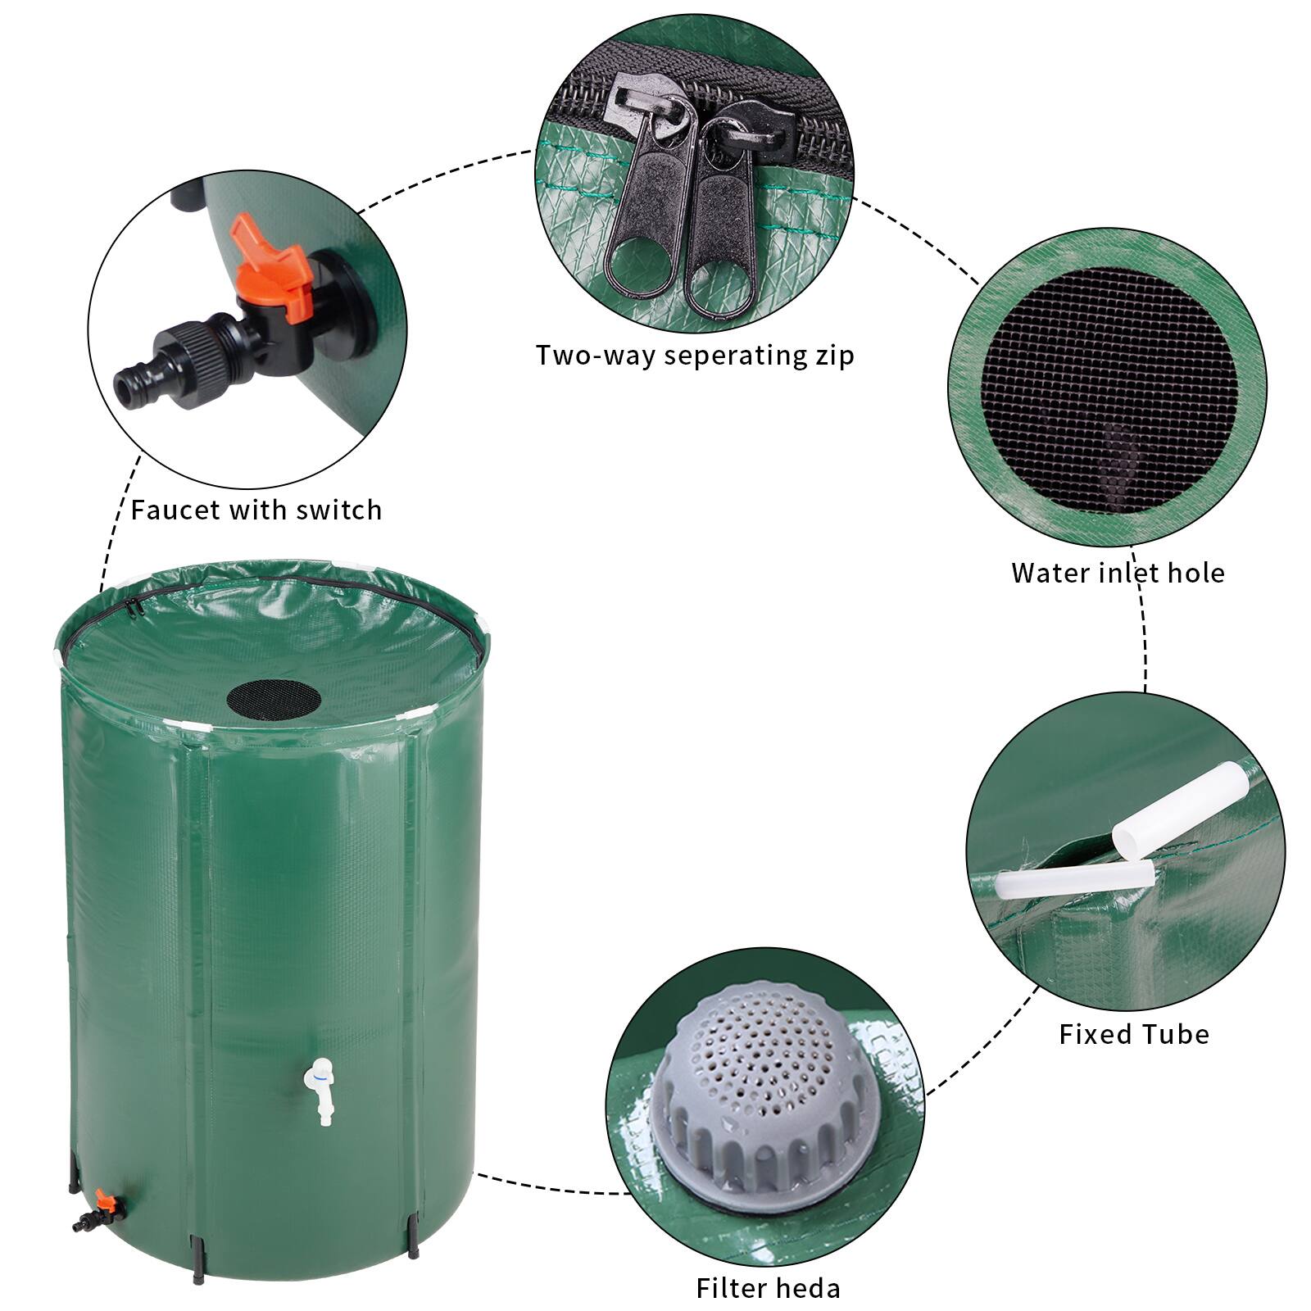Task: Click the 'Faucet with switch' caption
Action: [256, 510]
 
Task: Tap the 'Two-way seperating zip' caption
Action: [695, 356]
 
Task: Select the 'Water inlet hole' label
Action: [1118, 573]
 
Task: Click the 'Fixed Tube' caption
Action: [1134, 1034]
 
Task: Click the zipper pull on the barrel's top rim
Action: [132, 607]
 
